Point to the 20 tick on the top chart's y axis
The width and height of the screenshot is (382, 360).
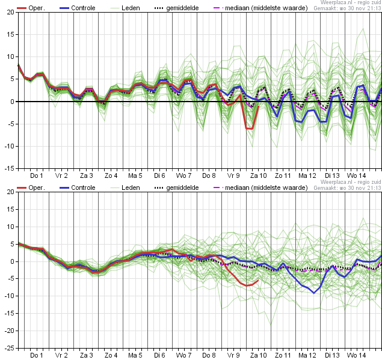tap(11, 12)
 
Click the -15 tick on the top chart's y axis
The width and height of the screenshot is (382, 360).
tap(10, 168)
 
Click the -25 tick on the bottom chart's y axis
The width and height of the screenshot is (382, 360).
tap(10, 348)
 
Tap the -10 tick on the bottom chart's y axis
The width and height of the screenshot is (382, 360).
tap(10, 296)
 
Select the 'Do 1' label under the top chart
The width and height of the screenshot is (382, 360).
tap(37, 175)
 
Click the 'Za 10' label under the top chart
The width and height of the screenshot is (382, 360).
tap(259, 175)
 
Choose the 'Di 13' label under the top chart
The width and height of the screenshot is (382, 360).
tap(333, 175)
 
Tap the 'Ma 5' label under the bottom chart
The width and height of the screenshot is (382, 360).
tap(135, 355)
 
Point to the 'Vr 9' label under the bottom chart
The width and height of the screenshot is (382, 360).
tap(234, 355)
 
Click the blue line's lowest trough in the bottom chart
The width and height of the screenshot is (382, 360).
tap(314, 293)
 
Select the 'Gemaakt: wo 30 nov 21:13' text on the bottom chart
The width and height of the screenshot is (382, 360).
tap(347, 188)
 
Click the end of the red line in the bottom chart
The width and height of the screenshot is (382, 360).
tap(259, 280)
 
